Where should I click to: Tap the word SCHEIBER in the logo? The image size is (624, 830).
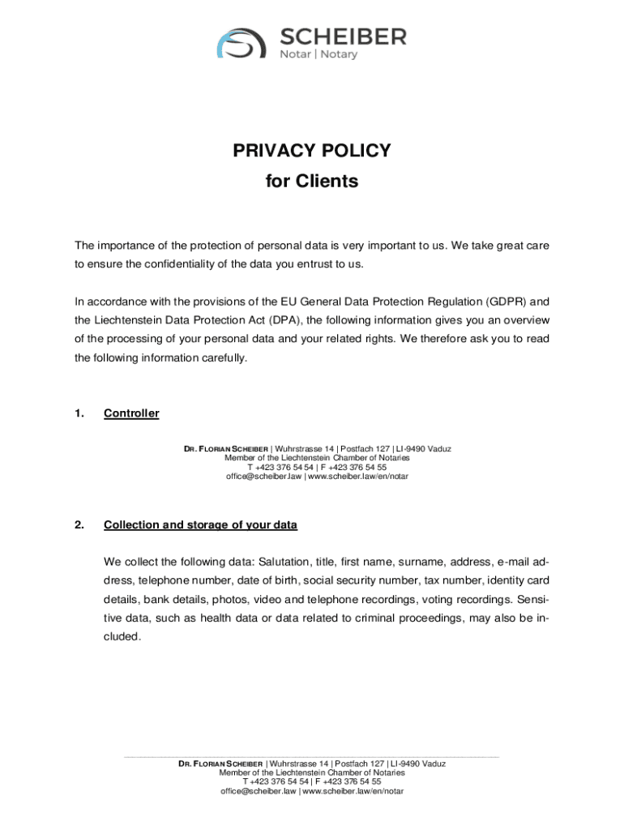click(343, 36)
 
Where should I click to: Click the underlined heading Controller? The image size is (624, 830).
click(131, 413)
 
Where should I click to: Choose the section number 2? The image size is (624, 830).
click(79, 524)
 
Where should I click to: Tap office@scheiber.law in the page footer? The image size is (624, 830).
click(259, 791)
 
